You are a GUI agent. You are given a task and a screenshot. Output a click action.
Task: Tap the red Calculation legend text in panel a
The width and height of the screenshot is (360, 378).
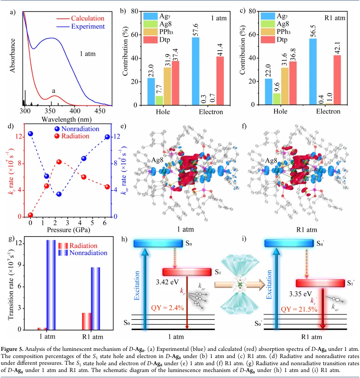87,18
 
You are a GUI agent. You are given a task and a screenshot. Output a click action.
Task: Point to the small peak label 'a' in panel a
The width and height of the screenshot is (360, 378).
54,91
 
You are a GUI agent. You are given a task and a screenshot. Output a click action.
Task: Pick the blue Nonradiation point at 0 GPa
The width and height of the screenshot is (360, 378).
31,134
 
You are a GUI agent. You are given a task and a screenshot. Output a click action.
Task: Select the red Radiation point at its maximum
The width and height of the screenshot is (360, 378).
59,162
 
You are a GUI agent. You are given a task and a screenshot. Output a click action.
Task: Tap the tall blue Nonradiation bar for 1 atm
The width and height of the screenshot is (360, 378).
51,285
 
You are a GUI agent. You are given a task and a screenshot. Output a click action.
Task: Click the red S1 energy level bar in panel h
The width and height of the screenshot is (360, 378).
187,272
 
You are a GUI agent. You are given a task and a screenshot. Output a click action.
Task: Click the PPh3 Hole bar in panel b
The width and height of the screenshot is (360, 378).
167,86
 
